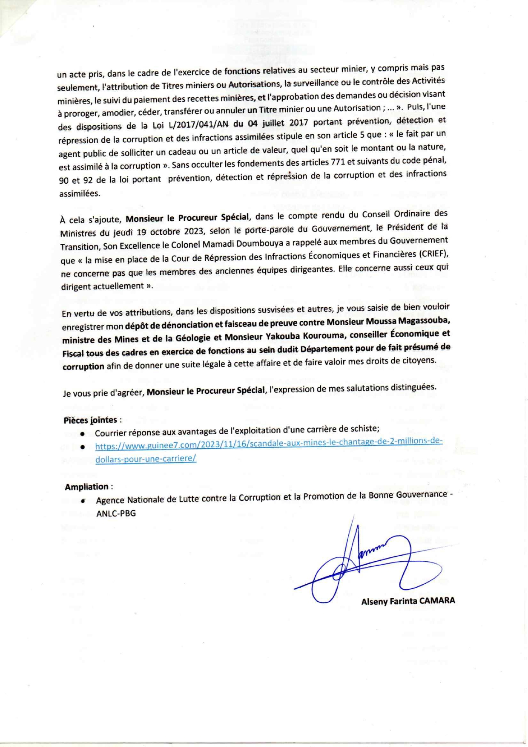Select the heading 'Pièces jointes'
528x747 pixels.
[90, 420]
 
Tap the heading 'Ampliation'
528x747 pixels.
[86, 487]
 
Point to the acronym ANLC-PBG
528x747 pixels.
[116, 513]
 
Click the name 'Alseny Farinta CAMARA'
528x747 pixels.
[408, 601]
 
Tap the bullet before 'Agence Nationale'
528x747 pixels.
[83, 500]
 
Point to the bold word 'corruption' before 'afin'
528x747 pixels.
[83, 366]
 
